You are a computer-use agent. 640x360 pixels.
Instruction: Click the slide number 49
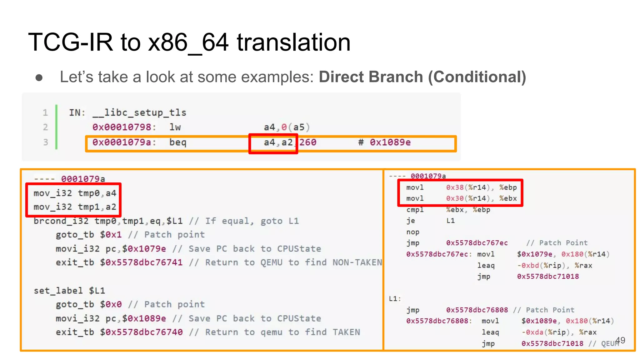tap(620, 340)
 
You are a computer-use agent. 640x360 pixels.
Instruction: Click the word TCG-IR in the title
tap(70, 42)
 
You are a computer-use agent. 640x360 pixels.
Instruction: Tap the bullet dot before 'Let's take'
tap(39, 77)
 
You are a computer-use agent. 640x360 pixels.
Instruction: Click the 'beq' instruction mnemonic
tap(178, 142)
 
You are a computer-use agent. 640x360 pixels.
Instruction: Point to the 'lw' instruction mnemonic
tap(175, 127)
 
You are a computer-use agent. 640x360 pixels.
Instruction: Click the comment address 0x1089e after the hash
tap(390, 142)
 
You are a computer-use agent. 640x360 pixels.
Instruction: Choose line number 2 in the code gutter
tap(46, 127)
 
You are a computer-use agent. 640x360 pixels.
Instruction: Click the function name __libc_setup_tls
tap(139, 112)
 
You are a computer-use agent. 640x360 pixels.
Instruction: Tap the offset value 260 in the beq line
tap(308, 142)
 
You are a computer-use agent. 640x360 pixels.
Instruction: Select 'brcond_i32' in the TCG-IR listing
tap(61, 221)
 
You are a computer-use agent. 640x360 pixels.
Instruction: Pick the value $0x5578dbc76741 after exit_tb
tap(141, 262)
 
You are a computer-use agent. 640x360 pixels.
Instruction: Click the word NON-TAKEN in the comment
tap(357, 262)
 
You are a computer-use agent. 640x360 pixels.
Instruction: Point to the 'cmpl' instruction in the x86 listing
tap(415, 210)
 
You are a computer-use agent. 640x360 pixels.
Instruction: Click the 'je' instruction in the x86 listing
tap(411, 221)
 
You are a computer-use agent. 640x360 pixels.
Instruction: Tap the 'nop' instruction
tap(413, 232)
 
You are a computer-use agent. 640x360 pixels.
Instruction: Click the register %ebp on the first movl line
tap(508, 187)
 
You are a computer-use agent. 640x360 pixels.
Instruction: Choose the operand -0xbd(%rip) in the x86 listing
tap(544, 266)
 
